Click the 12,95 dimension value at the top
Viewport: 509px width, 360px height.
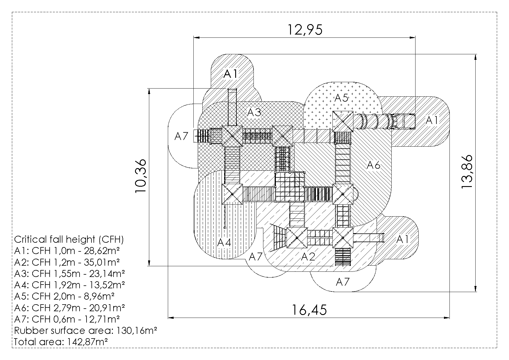[305, 30]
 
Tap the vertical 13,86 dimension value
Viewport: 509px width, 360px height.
[467, 172]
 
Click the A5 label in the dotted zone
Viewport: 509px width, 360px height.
[341, 98]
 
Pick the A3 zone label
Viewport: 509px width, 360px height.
[254, 112]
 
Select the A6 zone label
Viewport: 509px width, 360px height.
[373, 165]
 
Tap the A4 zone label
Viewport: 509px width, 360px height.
[224, 242]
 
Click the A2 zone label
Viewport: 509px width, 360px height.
[308, 256]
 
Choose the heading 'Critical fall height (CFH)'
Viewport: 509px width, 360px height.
[69, 240]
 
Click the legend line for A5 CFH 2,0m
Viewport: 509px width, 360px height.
[64, 296]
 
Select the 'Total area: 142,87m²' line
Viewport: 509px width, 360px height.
[61, 342]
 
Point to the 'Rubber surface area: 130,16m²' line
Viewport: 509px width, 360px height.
[86, 330]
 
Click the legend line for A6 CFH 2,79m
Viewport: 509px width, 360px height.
[70, 308]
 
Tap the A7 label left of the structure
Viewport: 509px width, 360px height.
[181, 136]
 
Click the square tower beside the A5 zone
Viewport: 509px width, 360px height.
[343, 121]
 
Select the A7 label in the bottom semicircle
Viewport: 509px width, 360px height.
[343, 282]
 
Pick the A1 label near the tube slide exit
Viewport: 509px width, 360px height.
[432, 120]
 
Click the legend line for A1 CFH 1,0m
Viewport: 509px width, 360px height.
[67, 251]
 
